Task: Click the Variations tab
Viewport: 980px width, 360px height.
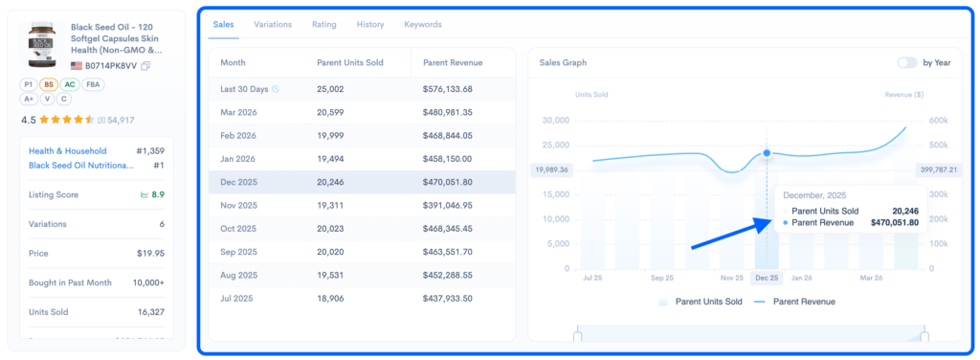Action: point(273,24)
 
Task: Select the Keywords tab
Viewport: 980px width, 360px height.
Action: point(423,24)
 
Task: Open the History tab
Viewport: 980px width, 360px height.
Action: point(369,24)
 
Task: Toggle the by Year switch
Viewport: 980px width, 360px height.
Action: point(906,62)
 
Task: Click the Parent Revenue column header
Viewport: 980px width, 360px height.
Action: point(453,62)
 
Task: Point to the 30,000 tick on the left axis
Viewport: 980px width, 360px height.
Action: point(556,121)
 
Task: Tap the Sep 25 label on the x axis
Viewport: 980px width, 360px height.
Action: point(662,278)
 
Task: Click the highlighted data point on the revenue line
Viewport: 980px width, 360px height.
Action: point(767,153)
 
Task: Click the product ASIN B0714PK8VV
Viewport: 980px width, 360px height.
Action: point(111,66)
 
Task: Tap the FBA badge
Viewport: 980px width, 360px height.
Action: point(94,84)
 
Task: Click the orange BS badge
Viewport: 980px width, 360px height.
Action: point(49,84)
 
